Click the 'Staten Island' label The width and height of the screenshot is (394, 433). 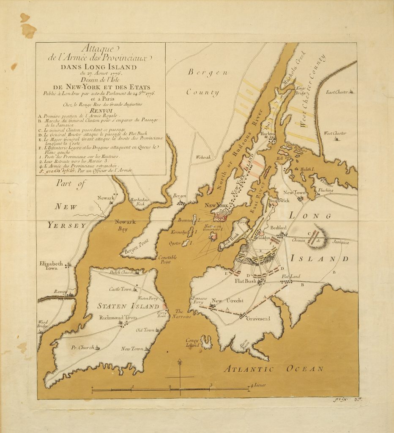[122, 306]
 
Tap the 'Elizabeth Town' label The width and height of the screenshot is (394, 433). [51, 266]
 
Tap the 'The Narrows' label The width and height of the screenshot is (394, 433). [183, 314]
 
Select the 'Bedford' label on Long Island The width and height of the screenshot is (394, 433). [279, 227]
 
